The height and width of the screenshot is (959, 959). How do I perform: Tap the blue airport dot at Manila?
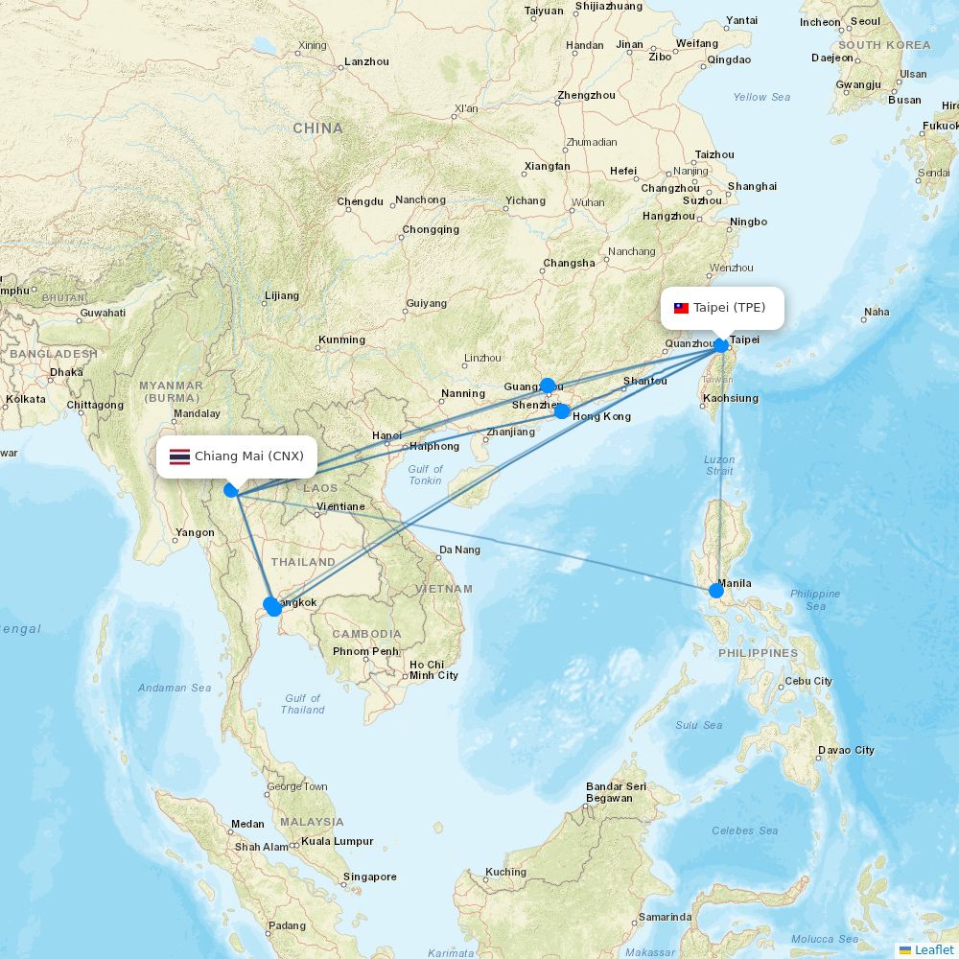point(716,590)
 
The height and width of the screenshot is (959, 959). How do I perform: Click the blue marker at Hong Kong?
point(563,411)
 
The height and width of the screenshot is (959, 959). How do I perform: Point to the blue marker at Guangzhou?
point(548,386)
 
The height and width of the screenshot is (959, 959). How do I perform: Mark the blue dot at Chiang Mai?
point(231,490)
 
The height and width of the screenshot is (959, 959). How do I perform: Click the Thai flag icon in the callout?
point(179,456)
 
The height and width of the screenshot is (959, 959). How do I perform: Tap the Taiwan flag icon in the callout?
point(682,309)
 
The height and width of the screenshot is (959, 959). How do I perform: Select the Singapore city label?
point(370,877)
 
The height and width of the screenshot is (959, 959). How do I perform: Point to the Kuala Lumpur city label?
point(338,841)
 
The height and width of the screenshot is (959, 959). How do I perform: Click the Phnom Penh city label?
point(365,652)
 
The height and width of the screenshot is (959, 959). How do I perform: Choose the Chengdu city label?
point(361,201)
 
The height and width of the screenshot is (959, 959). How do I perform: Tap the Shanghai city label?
point(752,186)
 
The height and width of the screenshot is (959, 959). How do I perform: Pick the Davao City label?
point(846,750)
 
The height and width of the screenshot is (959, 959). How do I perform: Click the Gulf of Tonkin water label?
point(425,475)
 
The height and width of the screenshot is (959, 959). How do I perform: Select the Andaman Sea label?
point(175,688)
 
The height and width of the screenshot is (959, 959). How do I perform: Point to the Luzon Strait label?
point(719,465)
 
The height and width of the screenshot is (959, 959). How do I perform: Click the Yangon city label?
point(196,532)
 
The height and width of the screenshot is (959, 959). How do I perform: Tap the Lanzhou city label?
point(366,61)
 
